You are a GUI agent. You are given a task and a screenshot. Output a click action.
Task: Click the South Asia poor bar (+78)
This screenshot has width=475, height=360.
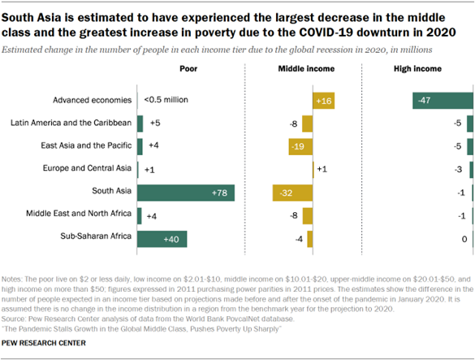coord(186,193)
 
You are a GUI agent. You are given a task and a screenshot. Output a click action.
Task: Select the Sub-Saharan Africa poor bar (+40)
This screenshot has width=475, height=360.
coord(162,239)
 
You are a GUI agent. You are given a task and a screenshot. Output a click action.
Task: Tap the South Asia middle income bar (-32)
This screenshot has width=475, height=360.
coord(292,193)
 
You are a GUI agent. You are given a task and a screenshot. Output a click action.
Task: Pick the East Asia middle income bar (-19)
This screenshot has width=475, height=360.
coord(300,146)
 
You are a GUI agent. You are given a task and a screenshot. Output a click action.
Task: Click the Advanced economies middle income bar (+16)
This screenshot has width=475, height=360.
coord(323,100)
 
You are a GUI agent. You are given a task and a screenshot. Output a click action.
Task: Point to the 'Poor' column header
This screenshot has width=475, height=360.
coord(187,70)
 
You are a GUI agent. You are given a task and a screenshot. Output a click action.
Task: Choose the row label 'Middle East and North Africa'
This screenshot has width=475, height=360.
coord(75,215)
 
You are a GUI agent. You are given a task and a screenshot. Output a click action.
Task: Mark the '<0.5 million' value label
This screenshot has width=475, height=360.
coord(166,100)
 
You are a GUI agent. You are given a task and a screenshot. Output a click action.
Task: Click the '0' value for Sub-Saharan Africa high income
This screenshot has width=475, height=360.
coord(463,239)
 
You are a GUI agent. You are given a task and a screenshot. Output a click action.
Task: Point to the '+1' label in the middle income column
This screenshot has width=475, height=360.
coord(321,169)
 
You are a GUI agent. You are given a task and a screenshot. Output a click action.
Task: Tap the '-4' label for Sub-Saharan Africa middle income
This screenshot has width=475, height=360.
coord(300,239)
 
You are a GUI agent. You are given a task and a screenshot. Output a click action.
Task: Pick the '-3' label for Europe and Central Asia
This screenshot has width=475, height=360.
coord(459,169)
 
